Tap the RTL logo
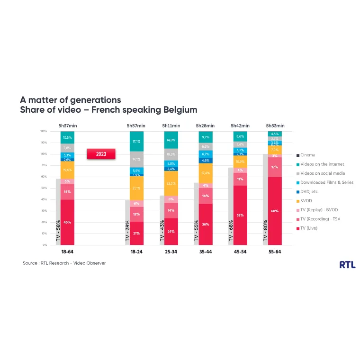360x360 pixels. (x=347, y=265)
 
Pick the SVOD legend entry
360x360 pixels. (x=306, y=201)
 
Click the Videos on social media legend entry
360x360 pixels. (x=322, y=173)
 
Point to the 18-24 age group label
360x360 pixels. (x=136, y=252)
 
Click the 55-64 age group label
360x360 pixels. (x=274, y=252)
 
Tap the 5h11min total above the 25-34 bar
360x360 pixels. (x=171, y=126)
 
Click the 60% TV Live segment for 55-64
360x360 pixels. (x=275, y=211)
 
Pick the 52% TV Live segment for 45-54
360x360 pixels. (x=240, y=216)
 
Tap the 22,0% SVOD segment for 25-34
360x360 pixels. (x=171, y=184)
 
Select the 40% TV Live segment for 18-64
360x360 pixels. (x=68, y=222)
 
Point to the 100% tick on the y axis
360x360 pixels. (x=44, y=131)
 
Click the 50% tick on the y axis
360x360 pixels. (x=44, y=188)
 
